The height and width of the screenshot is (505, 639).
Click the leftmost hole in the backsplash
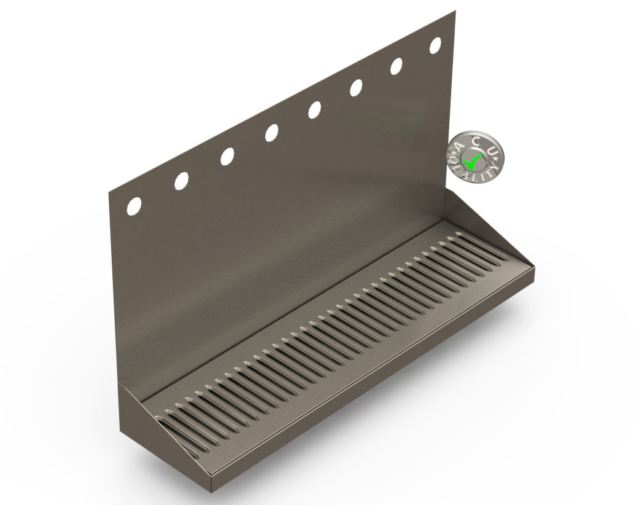point(134,206)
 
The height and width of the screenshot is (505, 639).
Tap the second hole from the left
point(181,181)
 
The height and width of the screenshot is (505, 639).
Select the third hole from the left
point(227,156)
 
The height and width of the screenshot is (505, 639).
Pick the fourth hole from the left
point(271,132)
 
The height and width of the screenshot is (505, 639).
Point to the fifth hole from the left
point(314,109)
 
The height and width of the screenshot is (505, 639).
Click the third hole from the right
point(356,88)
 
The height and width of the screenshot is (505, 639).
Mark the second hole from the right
point(397,66)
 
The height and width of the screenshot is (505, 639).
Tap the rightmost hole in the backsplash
point(436,45)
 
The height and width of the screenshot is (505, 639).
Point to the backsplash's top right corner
point(455,11)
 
